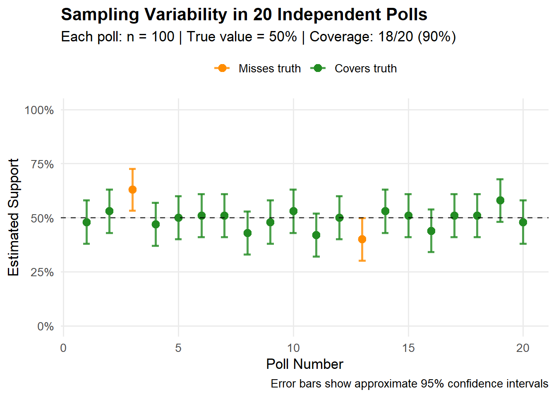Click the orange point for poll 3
(x=132, y=190)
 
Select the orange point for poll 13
(x=362, y=239)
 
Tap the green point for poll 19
(x=500, y=201)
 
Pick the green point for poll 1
(x=86, y=222)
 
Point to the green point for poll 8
(x=247, y=233)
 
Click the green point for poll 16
(x=431, y=231)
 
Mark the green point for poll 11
(x=316, y=235)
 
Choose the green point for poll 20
(x=523, y=222)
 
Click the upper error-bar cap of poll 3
(x=132, y=169)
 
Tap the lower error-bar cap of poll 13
(x=362, y=261)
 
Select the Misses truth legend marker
(x=222, y=68)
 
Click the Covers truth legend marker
(x=318, y=68)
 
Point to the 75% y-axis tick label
(x=42, y=164)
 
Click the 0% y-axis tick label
(x=46, y=327)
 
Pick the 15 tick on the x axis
(x=408, y=348)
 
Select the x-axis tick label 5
(x=178, y=348)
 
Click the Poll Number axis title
(x=304, y=364)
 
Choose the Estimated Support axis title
(x=14, y=217)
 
